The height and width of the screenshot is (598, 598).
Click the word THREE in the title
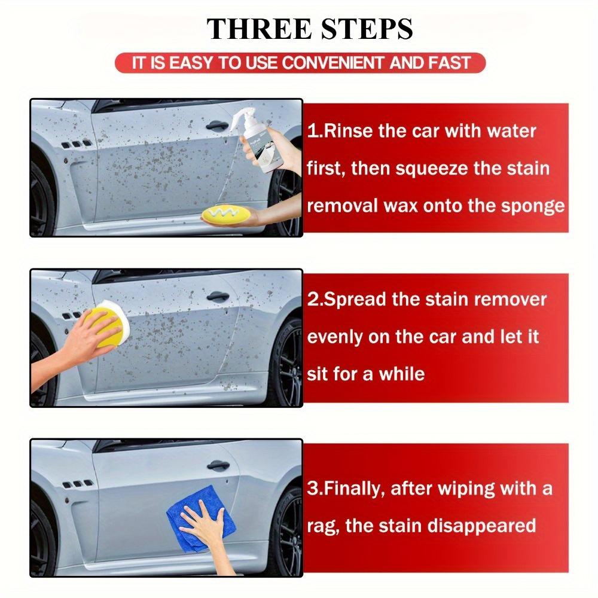click(x=251, y=29)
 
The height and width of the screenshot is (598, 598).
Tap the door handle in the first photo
click(x=216, y=126)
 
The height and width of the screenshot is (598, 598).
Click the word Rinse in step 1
click(x=350, y=131)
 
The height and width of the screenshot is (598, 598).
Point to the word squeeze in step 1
click(x=426, y=168)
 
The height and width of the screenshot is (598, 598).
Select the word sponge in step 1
click(x=534, y=206)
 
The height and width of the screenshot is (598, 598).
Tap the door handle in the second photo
click(x=216, y=297)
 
